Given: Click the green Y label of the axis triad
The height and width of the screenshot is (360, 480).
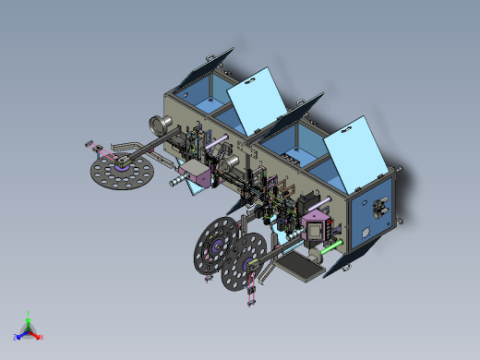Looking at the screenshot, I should pyautogui.click(x=29, y=312).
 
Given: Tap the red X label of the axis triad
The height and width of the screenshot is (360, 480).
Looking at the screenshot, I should pyautogui.click(x=42, y=337).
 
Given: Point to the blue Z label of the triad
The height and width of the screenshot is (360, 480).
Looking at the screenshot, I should pyautogui.click(x=16, y=338).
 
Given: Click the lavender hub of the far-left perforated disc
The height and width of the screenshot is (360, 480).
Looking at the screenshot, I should pyautogui.click(x=121, y=167).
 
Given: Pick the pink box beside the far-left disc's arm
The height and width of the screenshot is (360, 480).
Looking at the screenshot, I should pyautogui.click(x=197, y=174).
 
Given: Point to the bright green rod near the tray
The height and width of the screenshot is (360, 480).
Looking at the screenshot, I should pyautogui.click(x=327, y=246).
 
